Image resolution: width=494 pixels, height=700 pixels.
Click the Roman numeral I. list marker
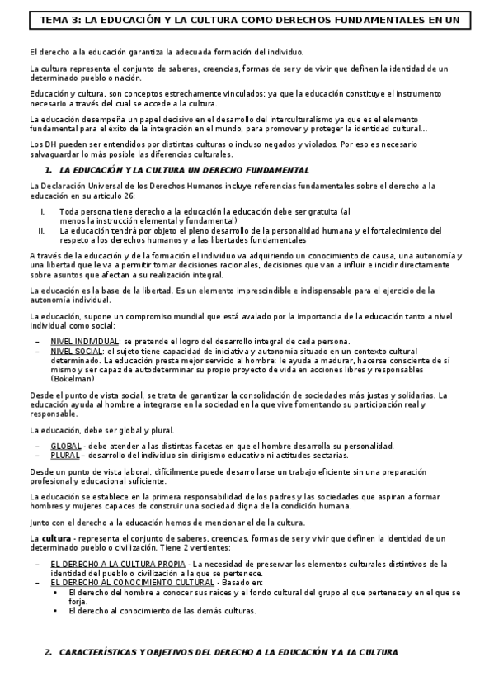[x=42, y=212]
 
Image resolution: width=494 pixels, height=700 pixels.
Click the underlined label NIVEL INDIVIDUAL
[x=85, y=342]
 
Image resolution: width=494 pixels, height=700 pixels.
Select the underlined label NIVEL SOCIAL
[x=77, y=351]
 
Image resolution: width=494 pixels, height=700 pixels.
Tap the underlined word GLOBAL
[x=67, y=447]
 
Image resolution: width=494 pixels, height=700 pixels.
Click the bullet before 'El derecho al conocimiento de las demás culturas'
[x=54, y=611]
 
